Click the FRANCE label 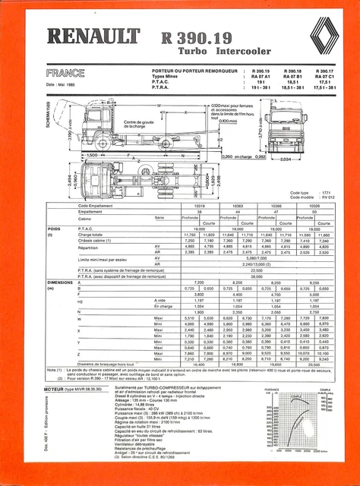tap(65, 74)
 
